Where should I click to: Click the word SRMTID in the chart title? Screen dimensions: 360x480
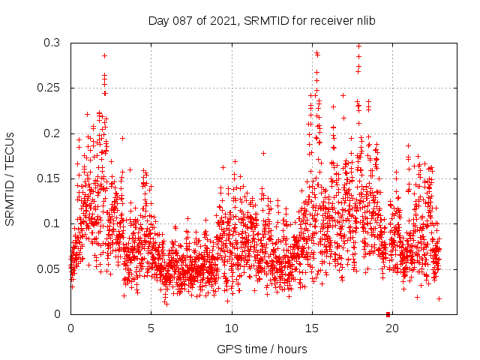pyautogui.click(x=259, y=20)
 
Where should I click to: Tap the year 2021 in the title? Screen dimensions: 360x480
pyautogui.click(x=222, y=20)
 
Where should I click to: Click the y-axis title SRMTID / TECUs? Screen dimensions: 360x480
pyautogui.click(x=10, y=178)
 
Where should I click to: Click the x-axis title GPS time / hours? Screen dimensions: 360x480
pyautogui.click(x=262, y=349)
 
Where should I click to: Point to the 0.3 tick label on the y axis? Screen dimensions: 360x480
pyautogui.click(x=52, y=43)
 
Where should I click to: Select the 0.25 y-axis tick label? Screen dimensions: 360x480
pyautogui.click(x=49, y=88)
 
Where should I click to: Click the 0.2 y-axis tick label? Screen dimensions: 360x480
pyautogui.click(x=52, y=133)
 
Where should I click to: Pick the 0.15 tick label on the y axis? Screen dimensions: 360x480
pyautogui.click(x=49, y=178)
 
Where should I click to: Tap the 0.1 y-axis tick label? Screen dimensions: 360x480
pyautogui.click(x=52, y=223)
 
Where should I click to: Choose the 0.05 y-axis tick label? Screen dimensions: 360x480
pyautogui.click(x=49, y=268)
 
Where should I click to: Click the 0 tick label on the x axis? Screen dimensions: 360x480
pyautogui.click(x=70, y=328)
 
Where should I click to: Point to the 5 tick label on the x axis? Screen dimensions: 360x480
pyautogui.click(x=151, y=328)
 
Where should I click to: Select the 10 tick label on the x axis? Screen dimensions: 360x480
pyautogui.click(x=232, y=328)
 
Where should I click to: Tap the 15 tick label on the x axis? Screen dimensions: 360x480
pyautogui.click(x=312, y=328)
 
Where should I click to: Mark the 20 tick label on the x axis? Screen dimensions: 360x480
pyautogui.click(x=392, y=328)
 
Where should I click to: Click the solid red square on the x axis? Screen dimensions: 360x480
pyautogui.click(x=388, y=314)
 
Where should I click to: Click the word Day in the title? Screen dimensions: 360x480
pyautogui.click(x=159, y=20)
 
